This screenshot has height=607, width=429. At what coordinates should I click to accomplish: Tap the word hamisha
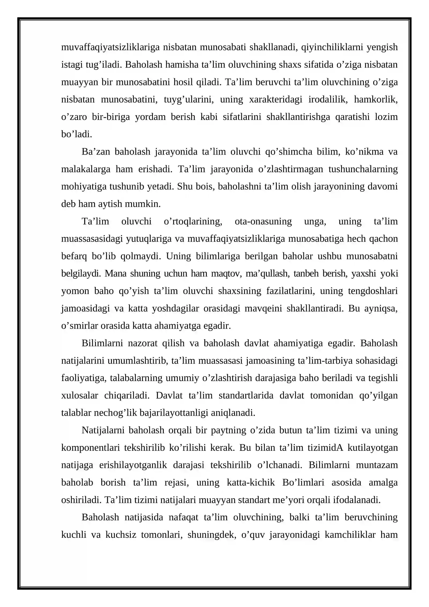182,65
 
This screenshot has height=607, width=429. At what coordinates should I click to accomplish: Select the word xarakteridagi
276,100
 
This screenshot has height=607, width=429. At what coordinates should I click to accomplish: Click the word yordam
150,117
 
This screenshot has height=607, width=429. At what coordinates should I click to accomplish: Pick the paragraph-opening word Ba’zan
96,152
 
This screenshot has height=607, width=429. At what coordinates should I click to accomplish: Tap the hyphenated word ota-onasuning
263,221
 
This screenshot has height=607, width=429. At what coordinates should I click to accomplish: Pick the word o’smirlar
80,326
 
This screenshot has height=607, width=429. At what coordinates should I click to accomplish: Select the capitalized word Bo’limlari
303,482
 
